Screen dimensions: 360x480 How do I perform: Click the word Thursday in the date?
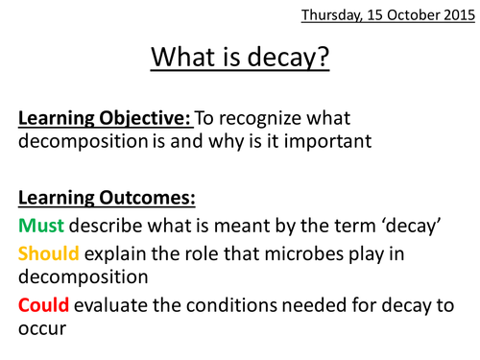pos(332,16)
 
